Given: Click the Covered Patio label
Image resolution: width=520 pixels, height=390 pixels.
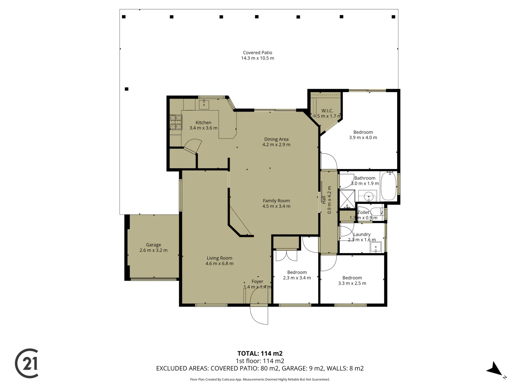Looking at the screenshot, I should (x=257, y=53).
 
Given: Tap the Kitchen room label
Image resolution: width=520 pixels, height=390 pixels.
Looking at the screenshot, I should (x=203, y=123).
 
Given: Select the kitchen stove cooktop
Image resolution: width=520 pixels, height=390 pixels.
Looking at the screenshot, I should (x=176, y=122).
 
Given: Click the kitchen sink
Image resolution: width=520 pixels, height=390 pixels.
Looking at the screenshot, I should (x=204, y=105).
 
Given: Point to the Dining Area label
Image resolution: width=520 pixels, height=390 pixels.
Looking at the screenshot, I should (x=276, y=139).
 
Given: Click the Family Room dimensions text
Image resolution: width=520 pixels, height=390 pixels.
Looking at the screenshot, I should (x=276, y=206).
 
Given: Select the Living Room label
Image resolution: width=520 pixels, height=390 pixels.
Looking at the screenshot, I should (x=219, y=258).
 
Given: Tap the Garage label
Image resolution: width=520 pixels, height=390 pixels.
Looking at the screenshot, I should (x=153, y=245).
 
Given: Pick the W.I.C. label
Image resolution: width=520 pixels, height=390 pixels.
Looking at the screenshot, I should (x=327, y=111).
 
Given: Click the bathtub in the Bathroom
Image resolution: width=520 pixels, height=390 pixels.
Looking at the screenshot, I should (x=389, y=186).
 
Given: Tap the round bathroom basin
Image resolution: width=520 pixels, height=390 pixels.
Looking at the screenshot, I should (x=368, y=197).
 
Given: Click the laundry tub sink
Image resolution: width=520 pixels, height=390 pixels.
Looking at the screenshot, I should (x=376, y=247).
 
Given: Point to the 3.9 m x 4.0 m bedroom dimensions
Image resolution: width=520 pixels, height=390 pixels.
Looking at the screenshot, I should (x=363, y=138).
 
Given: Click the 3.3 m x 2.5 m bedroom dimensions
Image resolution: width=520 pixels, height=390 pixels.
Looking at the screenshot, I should (x=352, y=283).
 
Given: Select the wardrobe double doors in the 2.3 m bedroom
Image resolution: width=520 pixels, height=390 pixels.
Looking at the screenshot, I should (x=286, y=255).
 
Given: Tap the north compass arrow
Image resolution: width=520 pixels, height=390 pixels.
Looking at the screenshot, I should (x=495, y=369).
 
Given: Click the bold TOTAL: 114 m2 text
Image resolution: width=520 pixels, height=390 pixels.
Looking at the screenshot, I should (x=260, y=354).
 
